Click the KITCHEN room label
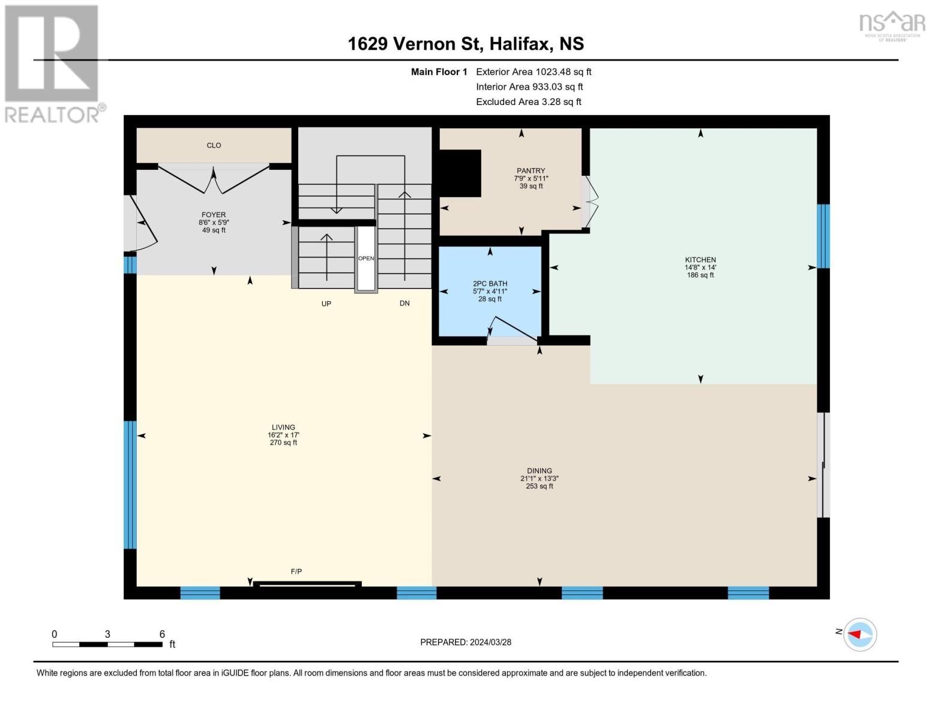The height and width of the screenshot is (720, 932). click(x=700, y=260)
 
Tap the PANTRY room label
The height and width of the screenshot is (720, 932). click(x=531, y=171)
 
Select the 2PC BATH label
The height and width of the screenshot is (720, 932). click(x=490, y=284)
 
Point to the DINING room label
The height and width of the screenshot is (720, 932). click(x=539, y=472)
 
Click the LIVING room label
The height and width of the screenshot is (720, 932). click(x=283, y=428)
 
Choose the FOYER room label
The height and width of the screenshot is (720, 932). click(x=214, y=215)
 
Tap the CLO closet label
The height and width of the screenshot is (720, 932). click(x=214, y=145)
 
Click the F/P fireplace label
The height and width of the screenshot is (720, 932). click(x=296, y=572)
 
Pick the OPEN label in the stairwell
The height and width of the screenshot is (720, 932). click(x=366, y=259)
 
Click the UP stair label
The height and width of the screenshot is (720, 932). click(x=326, y=304)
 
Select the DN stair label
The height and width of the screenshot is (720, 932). click(x=404, y=304)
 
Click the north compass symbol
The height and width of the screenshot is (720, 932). click(x=859, y=634)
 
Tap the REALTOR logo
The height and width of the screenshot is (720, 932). click(x=52, y=64)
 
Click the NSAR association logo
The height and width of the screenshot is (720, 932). click(x=892, y=24)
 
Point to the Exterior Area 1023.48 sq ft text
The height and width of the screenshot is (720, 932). click(x=534, y=72)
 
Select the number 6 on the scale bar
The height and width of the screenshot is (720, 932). click(x=162, y=634)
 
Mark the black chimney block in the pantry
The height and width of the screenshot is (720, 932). click(x=460, y=173)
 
